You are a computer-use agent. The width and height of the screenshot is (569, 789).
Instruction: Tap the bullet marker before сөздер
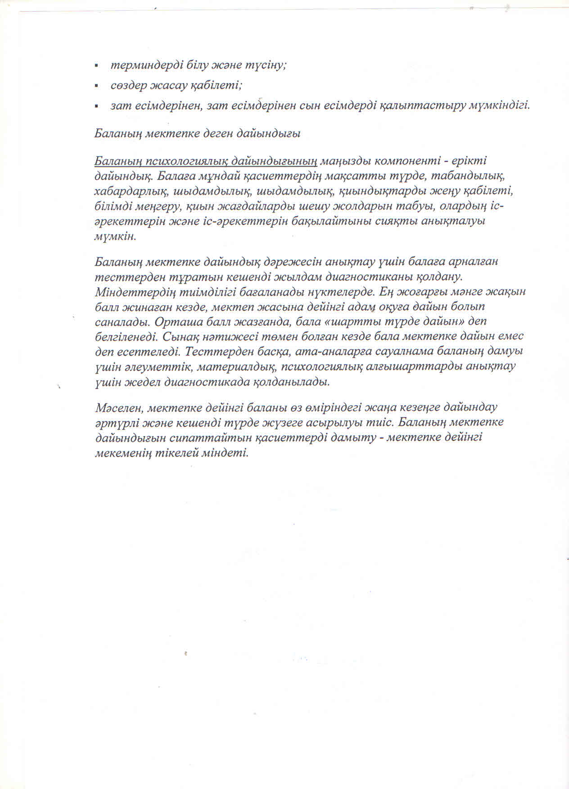click(x=96, y=86)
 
